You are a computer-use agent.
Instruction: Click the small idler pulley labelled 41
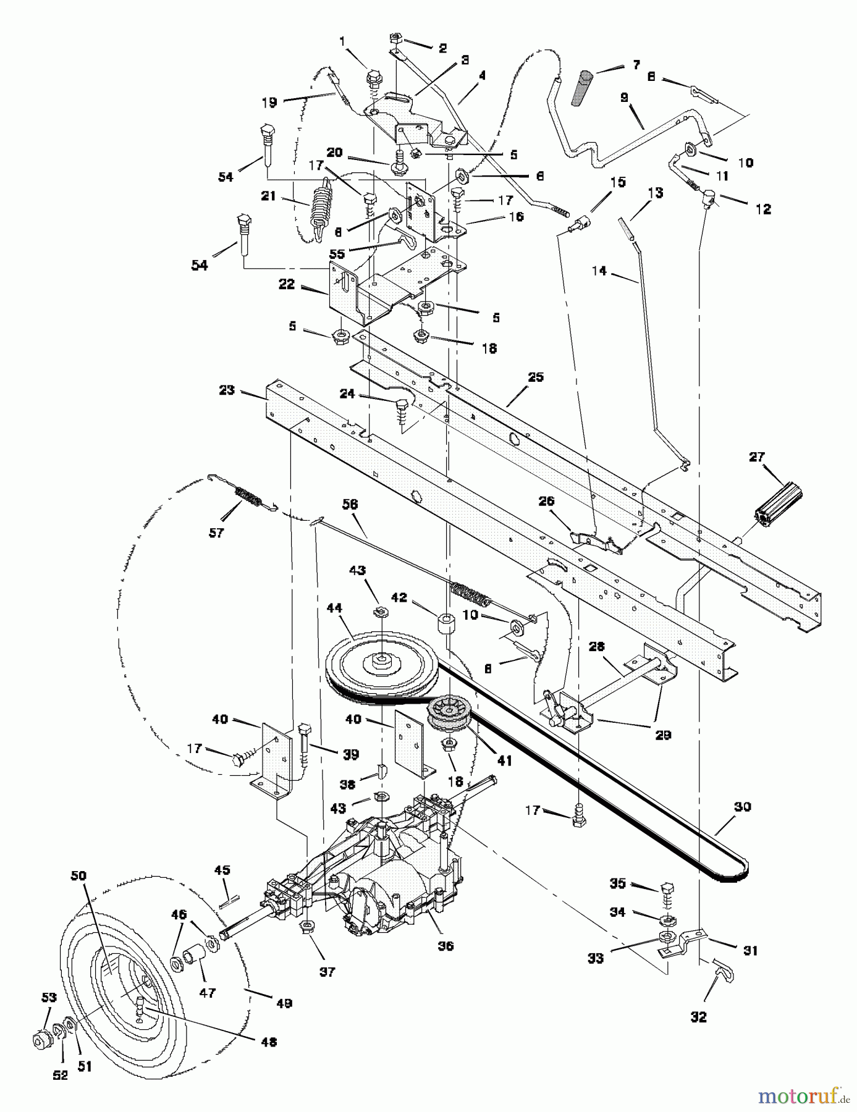[449, 715]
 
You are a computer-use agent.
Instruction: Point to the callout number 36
[445, 946]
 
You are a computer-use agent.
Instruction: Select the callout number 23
[227, 390]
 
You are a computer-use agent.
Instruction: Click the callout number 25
[535, 377]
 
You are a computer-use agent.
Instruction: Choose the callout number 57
[216, 532]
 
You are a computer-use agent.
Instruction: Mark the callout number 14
[599, 270]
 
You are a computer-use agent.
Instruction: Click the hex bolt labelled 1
[374, 80]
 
